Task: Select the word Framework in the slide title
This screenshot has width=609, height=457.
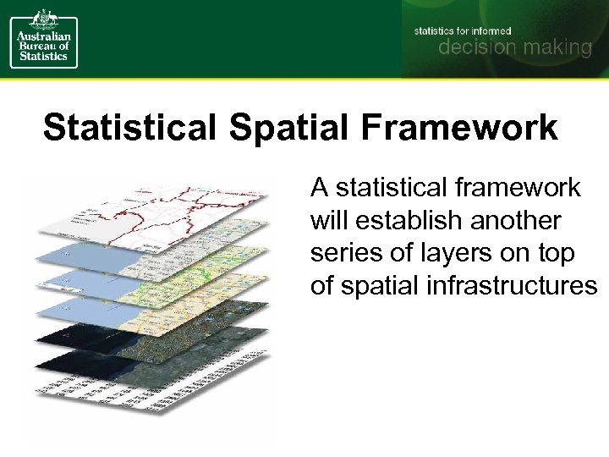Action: (x=460, y=128)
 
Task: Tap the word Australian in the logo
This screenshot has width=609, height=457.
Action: (x=44, y=36)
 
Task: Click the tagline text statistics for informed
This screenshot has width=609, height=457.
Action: (x=462, y=30)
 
